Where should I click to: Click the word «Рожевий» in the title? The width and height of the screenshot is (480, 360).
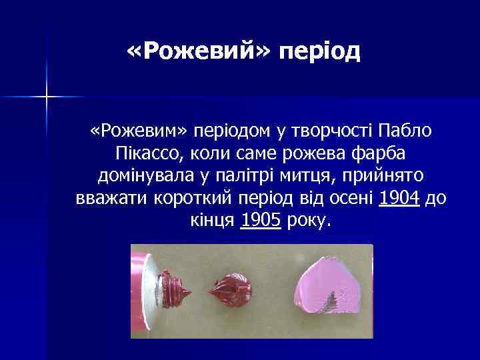pos(197,51)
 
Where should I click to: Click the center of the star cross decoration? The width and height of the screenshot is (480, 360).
pos(47,97)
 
